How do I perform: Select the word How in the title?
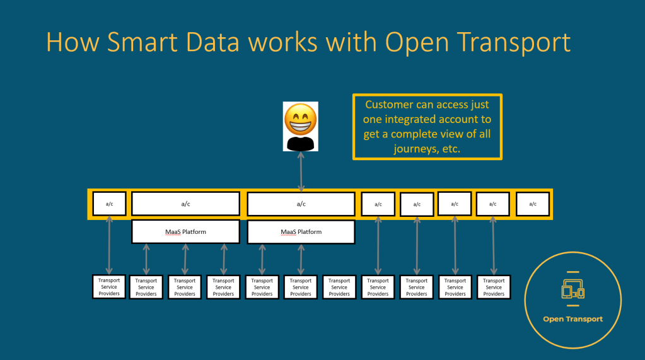(x=67, y=42)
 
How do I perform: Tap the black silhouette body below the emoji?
(x=300, y=142)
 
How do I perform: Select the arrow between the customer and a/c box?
(x=301, y=171)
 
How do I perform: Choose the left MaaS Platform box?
(x=185, y=232)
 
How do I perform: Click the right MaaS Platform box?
(x=301, y=232)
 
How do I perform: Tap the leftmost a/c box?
(x=109, y=204)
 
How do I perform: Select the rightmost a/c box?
(x=533, y=204)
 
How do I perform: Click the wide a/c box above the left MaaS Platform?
(x=185, y=204)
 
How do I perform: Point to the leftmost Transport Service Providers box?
(x=109, y=287)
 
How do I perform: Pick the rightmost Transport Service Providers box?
(x=494, y=287)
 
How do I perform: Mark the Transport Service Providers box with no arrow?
(x=339, y=287)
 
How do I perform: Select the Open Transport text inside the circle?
(x=573, y=319)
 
